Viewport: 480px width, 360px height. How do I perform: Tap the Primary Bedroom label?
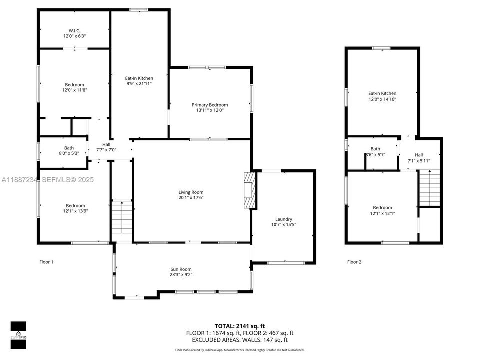tap(210, 105)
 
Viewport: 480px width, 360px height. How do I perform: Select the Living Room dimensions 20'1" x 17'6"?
tap(191, 198)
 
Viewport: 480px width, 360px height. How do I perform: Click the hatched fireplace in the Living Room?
tap(249, 190)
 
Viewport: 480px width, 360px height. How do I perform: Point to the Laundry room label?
tap(283, 219)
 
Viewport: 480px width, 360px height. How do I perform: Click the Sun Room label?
tap(181, 269)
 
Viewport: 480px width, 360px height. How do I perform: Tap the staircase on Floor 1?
tap(121, 220)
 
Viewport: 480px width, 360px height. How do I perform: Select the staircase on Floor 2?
tap(429, 188)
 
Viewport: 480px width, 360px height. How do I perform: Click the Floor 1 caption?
tap(46, 262)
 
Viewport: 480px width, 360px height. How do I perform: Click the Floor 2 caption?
tap(355, 262)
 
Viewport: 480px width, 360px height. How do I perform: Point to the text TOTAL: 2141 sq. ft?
tap(239, 326)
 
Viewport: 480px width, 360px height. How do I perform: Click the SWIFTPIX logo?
tap(18, 331)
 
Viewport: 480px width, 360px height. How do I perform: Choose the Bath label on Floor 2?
tap(375, 149)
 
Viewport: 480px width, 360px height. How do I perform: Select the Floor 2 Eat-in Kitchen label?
tap(382, 93)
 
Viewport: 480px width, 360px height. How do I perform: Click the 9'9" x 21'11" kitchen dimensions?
tap(139, 84)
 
